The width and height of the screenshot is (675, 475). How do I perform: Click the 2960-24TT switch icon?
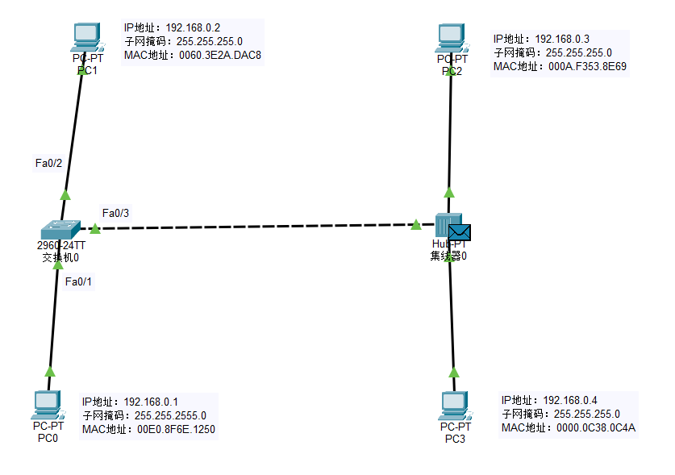(x=60, y=229)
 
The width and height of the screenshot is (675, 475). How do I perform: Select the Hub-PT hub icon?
(x=445, y=226)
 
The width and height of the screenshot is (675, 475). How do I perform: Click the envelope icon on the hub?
(x=460, y=232)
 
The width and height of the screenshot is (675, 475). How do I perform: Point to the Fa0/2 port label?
(x=48, y=164)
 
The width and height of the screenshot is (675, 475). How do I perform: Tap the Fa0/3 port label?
(x=115, y=213)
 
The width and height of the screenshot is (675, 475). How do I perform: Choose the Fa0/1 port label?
(x=79, y=281)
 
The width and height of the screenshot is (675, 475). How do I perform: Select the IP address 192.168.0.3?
(x=562, y=39)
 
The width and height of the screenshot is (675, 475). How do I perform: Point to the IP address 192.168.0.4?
(x=570, y=400)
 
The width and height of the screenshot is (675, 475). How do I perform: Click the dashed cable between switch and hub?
(x=258, y=227)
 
